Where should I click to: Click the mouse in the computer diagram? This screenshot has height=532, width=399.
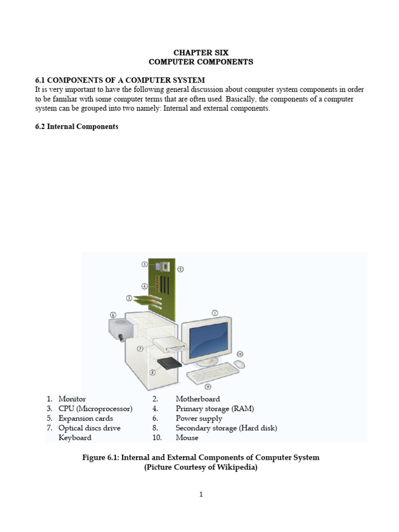[x=240, y=364]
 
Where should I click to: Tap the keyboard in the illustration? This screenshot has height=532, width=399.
[x=208, y=376]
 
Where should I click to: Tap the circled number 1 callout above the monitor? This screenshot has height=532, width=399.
[x=214, y=313]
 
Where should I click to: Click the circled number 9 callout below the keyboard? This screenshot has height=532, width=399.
[x=207, y=387]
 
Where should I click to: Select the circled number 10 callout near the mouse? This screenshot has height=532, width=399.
[x=240, y=354]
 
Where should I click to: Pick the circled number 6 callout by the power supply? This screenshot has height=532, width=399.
[x=113, y=314]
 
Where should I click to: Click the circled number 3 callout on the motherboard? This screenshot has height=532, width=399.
[x=144, y=264]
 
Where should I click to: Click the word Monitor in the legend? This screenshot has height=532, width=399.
[x=72, y=399]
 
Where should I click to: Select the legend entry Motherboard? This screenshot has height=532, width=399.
[x=197, y=399]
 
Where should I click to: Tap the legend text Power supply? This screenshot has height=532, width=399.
[x=199, y=418]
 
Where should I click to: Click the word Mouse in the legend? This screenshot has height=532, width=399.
[x=187, y=437]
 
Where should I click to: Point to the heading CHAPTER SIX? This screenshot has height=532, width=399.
[x=201, y=52]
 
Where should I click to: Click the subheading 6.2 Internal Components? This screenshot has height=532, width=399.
[x=77, y=126]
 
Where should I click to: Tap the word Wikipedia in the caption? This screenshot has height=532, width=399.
[x=232, y=467]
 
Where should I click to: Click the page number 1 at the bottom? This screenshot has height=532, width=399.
[x=201, y=495]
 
